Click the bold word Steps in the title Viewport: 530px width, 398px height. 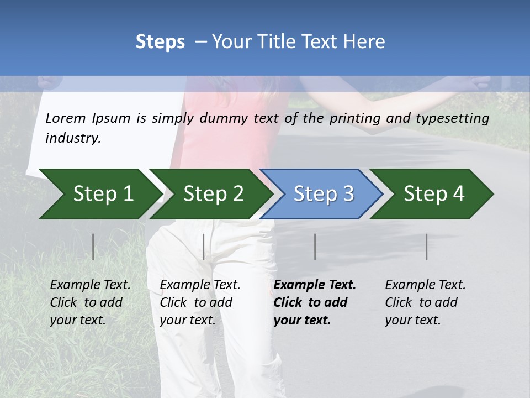coord(160,42)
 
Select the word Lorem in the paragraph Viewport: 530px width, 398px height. coord(66,118)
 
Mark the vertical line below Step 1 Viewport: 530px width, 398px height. coord(93,247)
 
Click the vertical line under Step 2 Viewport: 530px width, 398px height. coord(204,247)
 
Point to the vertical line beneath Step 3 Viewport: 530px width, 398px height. coord(315,247)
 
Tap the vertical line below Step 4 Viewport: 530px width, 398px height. coord(427,247)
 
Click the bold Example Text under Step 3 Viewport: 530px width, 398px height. coord(315,285)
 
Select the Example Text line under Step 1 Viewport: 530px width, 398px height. coord(90,285)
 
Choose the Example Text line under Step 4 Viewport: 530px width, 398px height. coord(425,285)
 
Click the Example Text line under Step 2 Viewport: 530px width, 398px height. coord(200,285)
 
